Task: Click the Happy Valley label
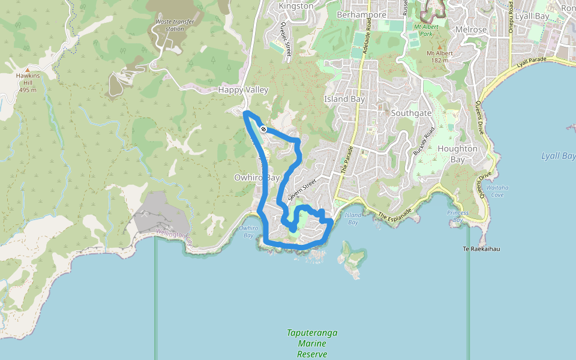coord(243,89)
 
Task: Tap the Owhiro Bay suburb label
coord(257,178)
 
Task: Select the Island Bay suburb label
coord(344,99)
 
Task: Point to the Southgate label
coord(411,112)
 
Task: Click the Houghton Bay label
coord(458,154)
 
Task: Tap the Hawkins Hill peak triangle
coord(27,70)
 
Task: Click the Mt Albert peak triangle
coord(439,46)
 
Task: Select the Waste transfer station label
coord(175,25)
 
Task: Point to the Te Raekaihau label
coord(482,248)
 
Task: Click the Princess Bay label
coord(458,217)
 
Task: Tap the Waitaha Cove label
coord(497,191)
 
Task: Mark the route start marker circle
coord(263,129)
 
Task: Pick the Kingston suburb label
coord(296,6)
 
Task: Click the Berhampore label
coord(361,14)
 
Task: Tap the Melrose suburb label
coord(471,29)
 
